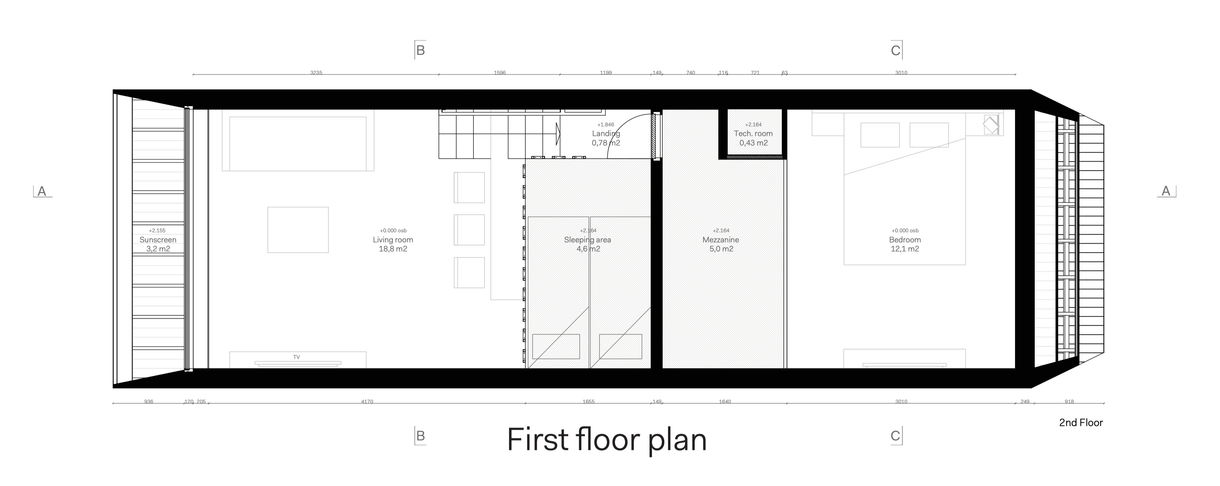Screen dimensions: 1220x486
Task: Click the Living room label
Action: pyautogui.click(x=393, y=240)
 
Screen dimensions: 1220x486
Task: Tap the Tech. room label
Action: pyautogui.click(x=753, y=133)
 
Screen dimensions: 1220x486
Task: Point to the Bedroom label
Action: pyautogui.click(x=905, y=240)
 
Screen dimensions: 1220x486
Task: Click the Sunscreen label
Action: pyautogui.click(x=158, y=240)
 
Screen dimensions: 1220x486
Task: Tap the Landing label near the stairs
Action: pyautogui.click(x=606, y=133)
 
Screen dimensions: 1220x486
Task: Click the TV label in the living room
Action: pyautogui.click(x=296, y=357)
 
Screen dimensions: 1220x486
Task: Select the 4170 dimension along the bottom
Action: pyautogui.click(x=367, y=402)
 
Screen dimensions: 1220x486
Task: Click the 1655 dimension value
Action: pyautogui.click(x=588, y=402)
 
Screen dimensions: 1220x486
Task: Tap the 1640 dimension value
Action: pyautogui.click(x=724, y=402)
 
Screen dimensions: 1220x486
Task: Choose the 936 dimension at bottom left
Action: pyautogui.click(x=149, y=402)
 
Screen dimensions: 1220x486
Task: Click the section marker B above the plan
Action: pyautogui.click(x=420, y=50)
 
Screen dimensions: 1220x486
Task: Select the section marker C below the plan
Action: pyautogui.click(x=895, y=436)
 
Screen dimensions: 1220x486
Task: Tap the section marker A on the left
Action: pyautogui.click(x=42, y=191)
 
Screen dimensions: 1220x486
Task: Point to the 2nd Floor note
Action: pyautogui.click(x=1081, y=422)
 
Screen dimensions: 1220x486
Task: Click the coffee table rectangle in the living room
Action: pyautogui.click(x=298, y=230)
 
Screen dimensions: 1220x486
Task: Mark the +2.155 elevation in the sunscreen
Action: pyautogui.click(x=157, y=231)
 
